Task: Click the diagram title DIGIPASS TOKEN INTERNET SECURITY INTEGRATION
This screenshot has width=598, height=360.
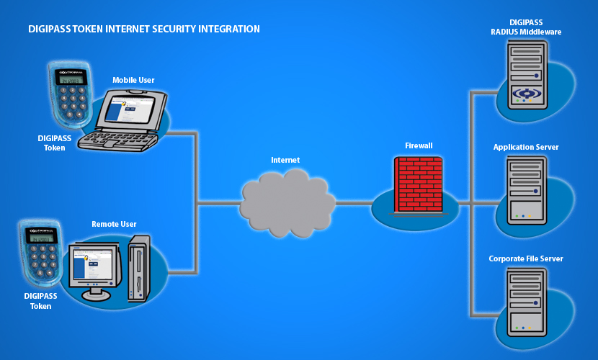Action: click(143, 30)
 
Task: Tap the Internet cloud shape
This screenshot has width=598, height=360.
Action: click(287, 197)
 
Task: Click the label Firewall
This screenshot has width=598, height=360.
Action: click(418, 145)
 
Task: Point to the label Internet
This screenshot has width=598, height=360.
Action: click(285, 160)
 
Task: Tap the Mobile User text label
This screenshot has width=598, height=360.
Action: click(133, 80)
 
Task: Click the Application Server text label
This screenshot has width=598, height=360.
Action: click(525, 148)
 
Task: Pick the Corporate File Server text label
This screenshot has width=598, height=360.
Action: click(525, 258)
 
